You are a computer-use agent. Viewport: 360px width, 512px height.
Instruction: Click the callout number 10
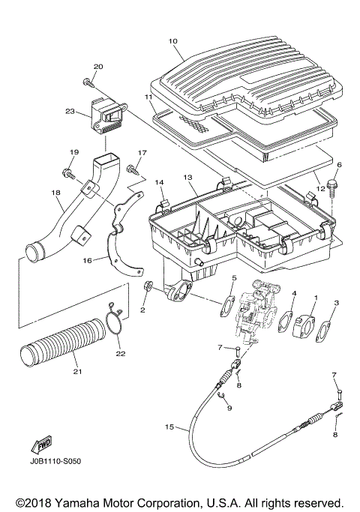click(x=173, y=41)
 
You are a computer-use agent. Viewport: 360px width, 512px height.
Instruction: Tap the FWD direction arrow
click(x=41, y=445)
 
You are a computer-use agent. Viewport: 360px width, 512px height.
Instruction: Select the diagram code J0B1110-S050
click(x=55, y=461)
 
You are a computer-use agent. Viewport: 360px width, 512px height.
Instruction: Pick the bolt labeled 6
click(x=333, y=187)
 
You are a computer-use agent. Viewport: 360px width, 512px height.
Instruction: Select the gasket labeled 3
click(x=322, y=332)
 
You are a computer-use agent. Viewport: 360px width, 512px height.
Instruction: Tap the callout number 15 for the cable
click(x=169, y=427)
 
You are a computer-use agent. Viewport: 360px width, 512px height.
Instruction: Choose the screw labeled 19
click(x=67, y=172)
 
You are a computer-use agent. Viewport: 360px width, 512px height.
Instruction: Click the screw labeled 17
click(x=132, y=169)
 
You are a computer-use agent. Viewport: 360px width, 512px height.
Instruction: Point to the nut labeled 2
click(x=147, y=287)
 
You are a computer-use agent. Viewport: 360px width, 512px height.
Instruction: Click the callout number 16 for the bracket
click(x=88, y=260)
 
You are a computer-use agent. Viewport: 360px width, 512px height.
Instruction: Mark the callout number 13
click(x=187, y=178)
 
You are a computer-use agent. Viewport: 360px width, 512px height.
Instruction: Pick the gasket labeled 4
click(x=285, y=322)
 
